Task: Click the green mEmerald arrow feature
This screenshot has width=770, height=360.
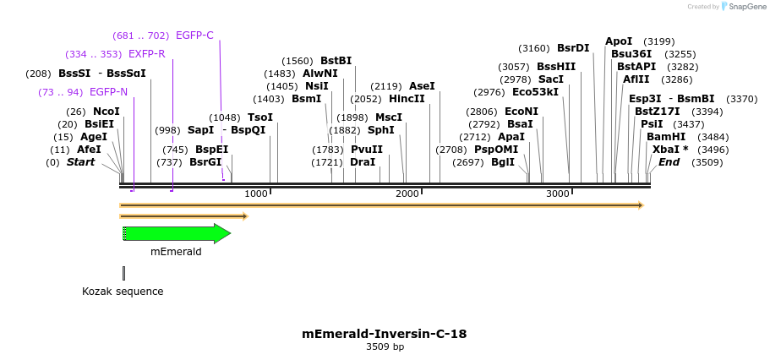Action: [176, 234]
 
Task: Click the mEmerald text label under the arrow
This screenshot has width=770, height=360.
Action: [176, 251]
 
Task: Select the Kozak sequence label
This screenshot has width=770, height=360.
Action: [123, 292]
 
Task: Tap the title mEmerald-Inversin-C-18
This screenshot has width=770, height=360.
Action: [384, 334]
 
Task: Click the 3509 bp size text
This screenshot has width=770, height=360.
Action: [384, 347]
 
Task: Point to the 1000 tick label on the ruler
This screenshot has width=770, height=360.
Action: [255, 194]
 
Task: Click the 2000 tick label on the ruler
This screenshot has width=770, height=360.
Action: [407, 194]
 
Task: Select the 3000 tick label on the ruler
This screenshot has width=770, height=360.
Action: [558, 194]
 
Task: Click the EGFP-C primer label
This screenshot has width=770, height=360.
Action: [194, 35]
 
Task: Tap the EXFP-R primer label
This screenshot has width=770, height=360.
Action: [146, 54]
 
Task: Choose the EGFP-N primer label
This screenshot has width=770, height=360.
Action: [108, 92]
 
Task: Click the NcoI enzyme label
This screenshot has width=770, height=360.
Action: [106, 112]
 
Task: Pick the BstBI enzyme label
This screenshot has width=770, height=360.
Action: [336, 61]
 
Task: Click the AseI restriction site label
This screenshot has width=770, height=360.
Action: [422, 86]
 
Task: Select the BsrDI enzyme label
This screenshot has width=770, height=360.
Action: [573, 48]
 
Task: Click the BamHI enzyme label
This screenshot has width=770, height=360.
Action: [665, 137]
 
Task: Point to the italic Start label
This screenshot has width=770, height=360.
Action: [81, 162]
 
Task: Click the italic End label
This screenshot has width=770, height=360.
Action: [669, 162]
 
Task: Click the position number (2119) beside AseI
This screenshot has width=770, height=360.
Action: [386, 86]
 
